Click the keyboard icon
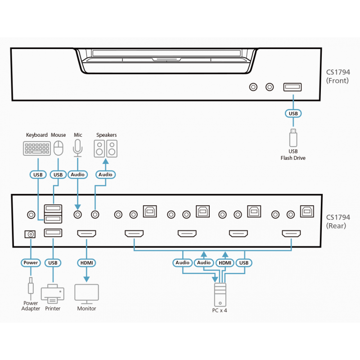37,148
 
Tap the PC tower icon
220,295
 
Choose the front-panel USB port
293,87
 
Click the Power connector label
31,262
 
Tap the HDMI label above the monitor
86,262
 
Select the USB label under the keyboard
37,174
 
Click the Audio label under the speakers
106,174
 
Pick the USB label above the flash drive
293,113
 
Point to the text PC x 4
220,310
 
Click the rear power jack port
31,234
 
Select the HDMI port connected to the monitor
86,234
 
